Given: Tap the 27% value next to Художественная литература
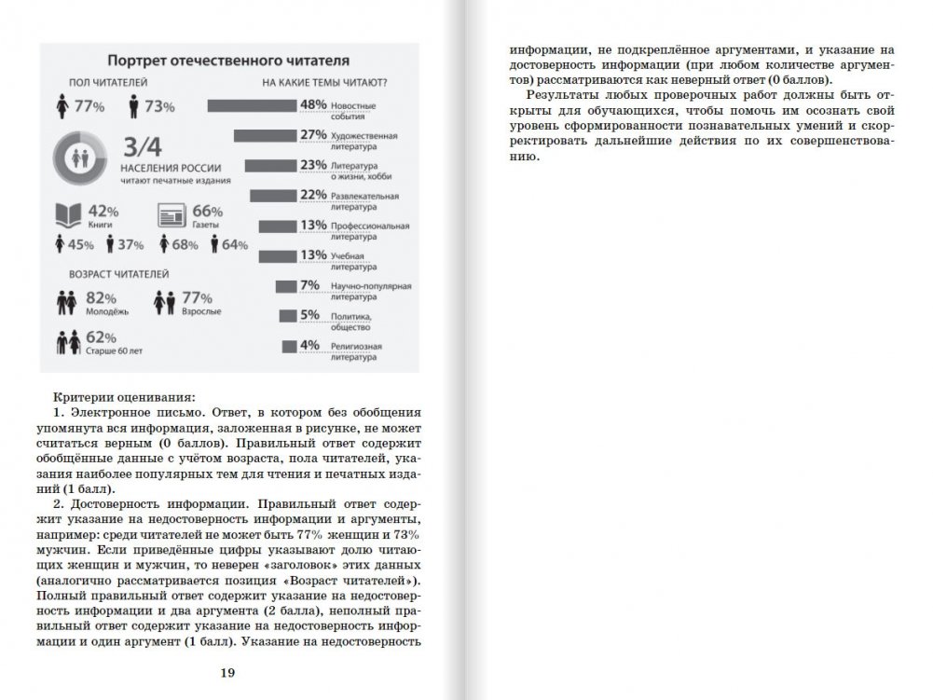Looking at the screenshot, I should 312,136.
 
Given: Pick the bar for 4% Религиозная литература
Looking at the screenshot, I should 289,346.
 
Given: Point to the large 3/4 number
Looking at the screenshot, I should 143,147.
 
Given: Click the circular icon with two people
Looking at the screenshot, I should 83,158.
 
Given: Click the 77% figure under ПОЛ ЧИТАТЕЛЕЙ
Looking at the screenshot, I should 88,106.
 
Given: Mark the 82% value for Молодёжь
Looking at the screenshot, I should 100,297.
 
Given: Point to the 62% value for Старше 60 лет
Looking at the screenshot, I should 100,337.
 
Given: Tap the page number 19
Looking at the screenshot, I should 226,673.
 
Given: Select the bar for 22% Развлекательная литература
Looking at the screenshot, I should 274,196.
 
